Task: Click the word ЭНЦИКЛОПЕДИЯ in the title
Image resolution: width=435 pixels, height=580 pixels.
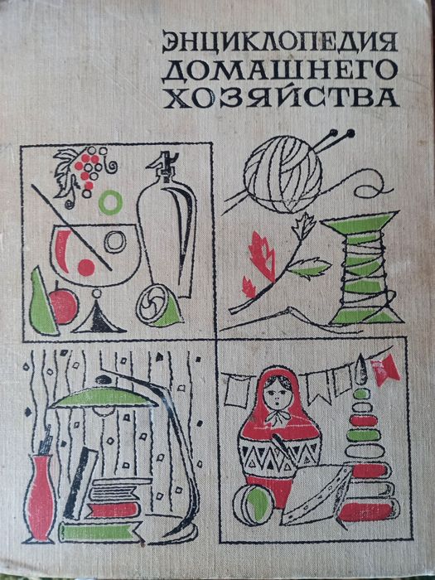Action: point(279,41)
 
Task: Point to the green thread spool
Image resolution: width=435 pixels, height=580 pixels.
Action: point(365,268)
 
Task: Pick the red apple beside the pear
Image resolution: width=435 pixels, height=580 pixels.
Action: point(64,307)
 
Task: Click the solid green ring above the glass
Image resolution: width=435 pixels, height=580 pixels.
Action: point(110,203)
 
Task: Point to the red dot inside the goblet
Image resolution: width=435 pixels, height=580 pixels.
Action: point(86,267)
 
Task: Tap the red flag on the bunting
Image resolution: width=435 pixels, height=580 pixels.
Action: point(386,370)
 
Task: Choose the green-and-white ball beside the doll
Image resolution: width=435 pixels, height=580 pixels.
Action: point(254,505)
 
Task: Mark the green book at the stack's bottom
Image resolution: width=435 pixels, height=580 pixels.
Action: point(100,532)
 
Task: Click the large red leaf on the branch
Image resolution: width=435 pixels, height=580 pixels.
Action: point(262,256)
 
